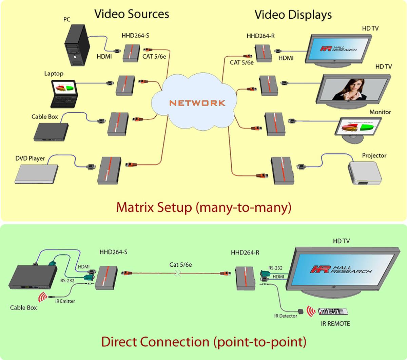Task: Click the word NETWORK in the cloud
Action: [x=197, y=103]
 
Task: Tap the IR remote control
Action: [x=332, y=311]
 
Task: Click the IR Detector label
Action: [x=286, y=316]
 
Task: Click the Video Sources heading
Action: [x=132, y=14]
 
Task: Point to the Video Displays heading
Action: [x=293, y=15]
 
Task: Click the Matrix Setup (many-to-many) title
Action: [x=203, y=207]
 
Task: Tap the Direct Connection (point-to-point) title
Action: [x=203, y=341]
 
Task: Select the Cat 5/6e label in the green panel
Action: [x=180, y=265]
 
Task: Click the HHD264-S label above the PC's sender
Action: [x=135, y=35]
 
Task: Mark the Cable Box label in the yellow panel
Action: [x=44, y=117]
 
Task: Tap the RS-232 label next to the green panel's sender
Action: [x=67, y=281]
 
